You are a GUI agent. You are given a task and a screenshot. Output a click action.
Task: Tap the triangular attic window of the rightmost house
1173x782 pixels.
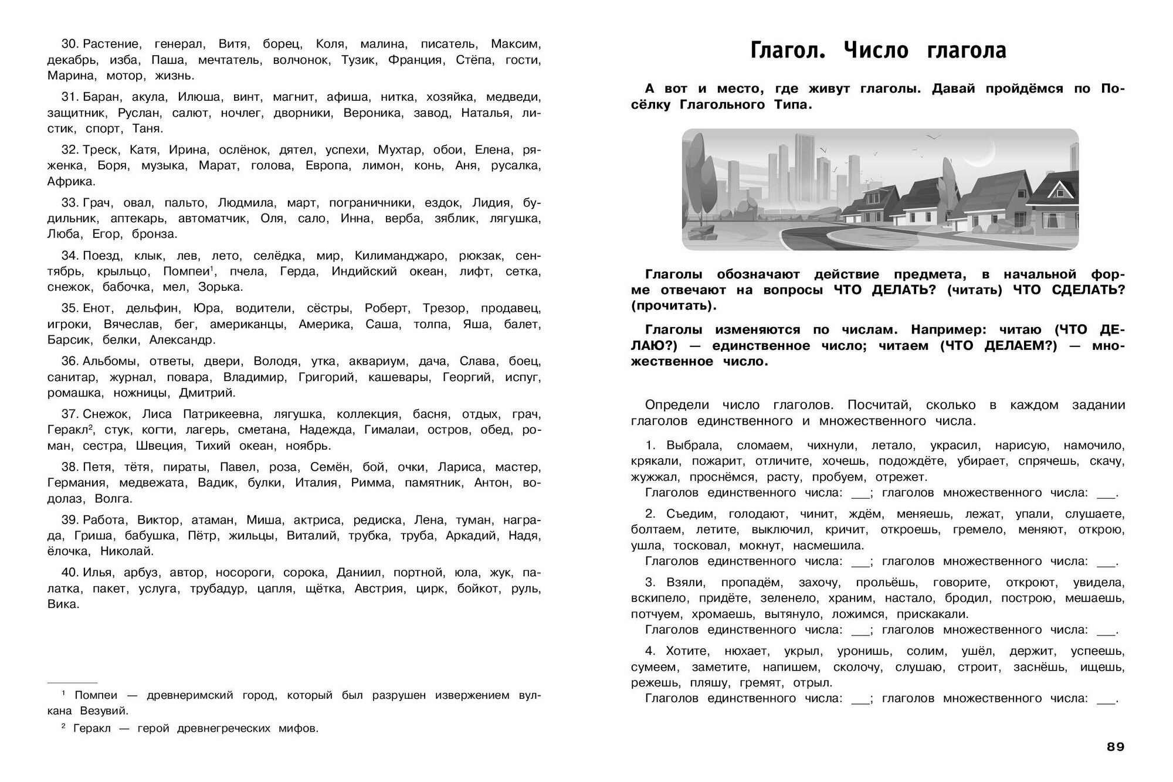1058,189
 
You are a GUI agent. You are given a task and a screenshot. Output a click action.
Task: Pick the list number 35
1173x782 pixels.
70,308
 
